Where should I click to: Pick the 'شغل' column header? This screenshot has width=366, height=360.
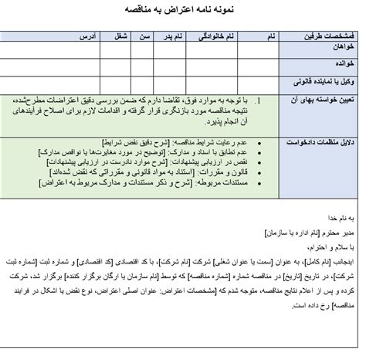[120, 36]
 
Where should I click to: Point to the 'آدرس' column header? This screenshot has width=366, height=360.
[88, 36]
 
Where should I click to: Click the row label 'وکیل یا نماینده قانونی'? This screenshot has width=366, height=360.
[321, 80]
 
